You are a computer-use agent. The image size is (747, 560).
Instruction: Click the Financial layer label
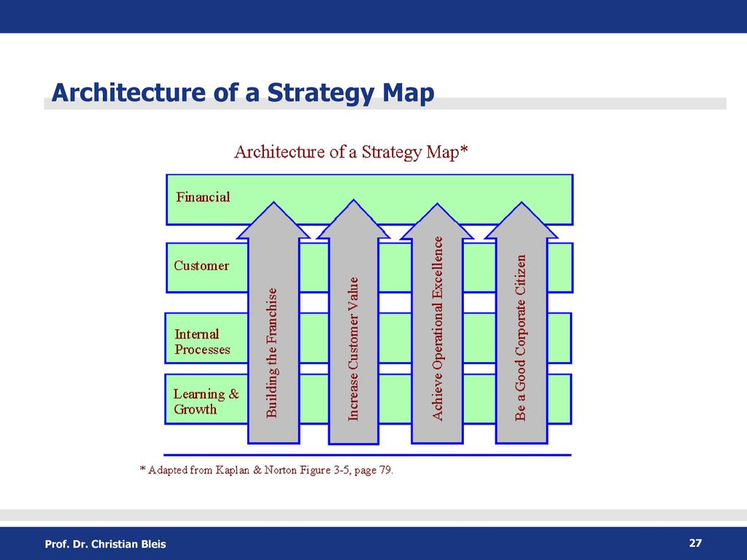203,197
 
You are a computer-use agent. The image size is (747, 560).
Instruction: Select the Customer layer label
201,265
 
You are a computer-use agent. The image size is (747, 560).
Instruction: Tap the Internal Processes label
202,342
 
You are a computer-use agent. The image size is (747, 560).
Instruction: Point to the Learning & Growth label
206,402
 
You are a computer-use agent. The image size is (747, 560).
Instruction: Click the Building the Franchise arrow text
271,353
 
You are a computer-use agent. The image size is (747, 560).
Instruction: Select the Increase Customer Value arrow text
353,349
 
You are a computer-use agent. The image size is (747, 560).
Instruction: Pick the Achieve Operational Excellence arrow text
437,329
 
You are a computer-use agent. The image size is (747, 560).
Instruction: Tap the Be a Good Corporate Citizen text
520,338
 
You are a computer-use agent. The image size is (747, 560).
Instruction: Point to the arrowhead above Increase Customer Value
353,219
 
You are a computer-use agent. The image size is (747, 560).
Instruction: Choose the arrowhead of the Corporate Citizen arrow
521,220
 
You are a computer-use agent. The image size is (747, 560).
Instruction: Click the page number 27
695,542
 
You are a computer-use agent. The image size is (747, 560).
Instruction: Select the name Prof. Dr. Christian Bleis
105,544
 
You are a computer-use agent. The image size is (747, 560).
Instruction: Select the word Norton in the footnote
280,470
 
